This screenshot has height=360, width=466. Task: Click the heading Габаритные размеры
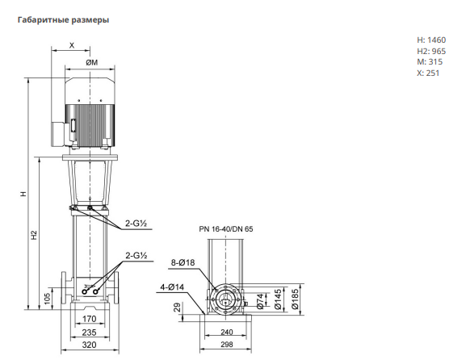[x=63, y=20]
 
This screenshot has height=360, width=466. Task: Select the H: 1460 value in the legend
[x=431, y=40]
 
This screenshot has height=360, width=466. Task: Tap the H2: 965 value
[x=431, y=51]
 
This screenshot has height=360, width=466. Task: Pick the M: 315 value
[x=430, y=62]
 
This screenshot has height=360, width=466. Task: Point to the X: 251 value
[x=428, y=73]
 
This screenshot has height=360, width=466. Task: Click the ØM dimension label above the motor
[x=92, y=63]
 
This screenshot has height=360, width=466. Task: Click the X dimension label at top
[x=72, y=45]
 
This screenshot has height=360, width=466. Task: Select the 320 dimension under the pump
[x=89, y=345]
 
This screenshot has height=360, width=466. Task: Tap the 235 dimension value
[x=89, y=332]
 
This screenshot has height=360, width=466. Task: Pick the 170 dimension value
[x=89, y=319]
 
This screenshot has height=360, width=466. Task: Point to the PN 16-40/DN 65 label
[x=226, y=229]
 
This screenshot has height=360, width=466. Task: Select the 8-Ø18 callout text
[x=183, y=262]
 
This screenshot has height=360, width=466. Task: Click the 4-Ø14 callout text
[x=172, y=287]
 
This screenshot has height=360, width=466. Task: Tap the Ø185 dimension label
[x=295, y=299]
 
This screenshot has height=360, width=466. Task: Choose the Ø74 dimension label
[x=260, y=301]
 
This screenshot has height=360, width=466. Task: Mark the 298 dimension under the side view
[x=227, y=345]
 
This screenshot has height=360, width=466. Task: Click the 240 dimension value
[x=227, y=332]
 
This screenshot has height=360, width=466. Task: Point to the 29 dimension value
[x=177, y=307]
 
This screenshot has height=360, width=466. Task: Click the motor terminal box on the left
[x=58, y=134]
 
